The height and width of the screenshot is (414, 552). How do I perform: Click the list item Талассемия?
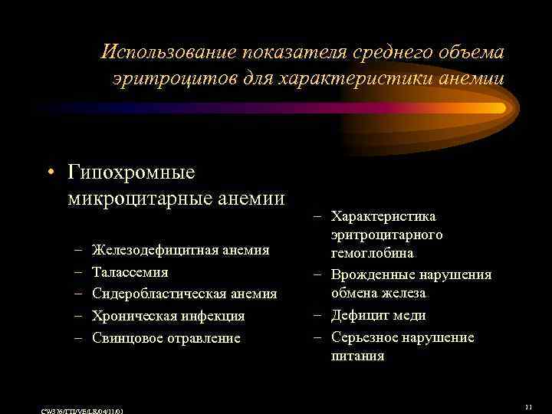(x=130, y=272)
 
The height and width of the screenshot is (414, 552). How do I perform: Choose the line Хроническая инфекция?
(x=168, y=316)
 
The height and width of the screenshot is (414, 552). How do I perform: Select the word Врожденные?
(x=371, y=274)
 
